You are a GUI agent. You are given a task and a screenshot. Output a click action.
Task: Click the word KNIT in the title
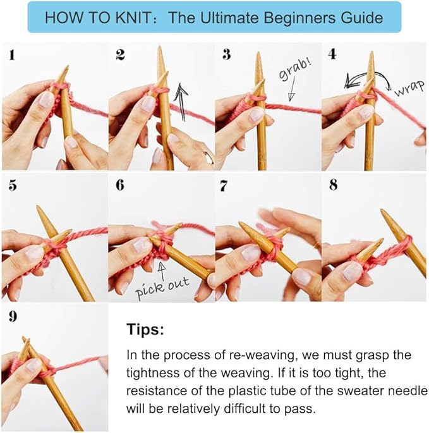pyautogui.click(x=133, y=18)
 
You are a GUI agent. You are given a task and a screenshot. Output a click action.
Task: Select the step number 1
pyautogui.click(x=11, y=54)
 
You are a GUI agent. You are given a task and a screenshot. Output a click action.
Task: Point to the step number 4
pyautogui.click(x=332, y=54)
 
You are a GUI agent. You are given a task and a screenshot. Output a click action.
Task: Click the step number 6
pyautogui.click(x=120, y=185)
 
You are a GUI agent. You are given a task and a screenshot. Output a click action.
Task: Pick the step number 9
pyautogui.click(x=13, y=316)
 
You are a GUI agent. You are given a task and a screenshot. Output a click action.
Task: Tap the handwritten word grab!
pyautogui.click(x=295, y=68)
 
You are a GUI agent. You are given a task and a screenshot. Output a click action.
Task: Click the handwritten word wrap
pyautogui.click(x=409, y=88)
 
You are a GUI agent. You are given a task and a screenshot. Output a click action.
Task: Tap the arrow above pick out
pyautogui.click(x=162, y=271)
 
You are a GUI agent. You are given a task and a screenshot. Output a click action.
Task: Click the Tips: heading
pyautogui.click(x=145, y=329)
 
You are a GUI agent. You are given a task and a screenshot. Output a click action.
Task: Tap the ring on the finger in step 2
pyautogui.click(x=209, y=157)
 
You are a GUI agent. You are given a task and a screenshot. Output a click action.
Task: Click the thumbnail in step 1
pyautogui.click(x=46, y=100)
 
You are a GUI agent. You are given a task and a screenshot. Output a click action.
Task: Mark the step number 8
pyautogui.click(x=334, y=185)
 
